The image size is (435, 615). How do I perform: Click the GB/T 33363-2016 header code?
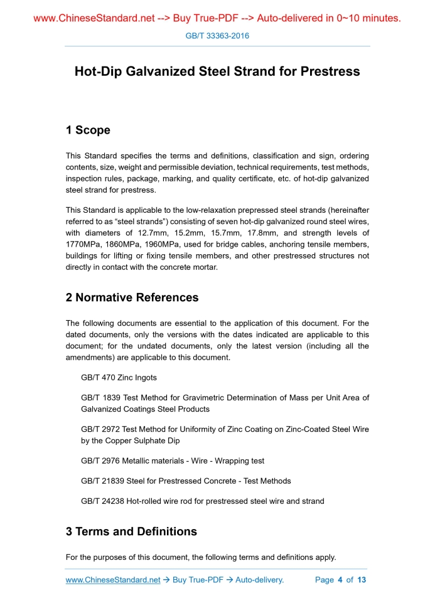tap(217, 36)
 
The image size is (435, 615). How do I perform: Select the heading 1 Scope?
tap(88, 131)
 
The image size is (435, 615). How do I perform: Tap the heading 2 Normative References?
tap(132, 297)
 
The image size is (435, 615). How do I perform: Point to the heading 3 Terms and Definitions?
tap(131, 532)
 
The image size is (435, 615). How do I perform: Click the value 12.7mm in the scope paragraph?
tap(152, 232)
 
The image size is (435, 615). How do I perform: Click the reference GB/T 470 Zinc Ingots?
tap(119, 378)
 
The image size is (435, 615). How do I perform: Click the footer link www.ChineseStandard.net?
tap(113, 580)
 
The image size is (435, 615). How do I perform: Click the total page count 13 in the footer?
tap(362, 580)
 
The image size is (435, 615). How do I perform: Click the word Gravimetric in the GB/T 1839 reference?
tap(196, 398)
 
